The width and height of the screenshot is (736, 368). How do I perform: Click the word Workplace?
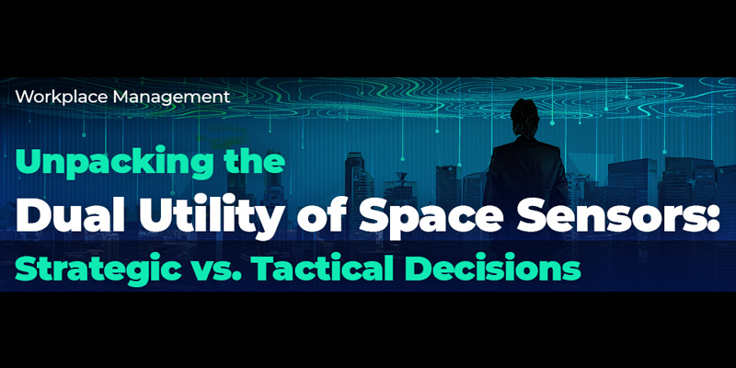58,95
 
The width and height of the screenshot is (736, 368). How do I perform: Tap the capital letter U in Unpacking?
29,165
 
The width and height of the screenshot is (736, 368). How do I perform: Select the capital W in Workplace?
22,95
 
